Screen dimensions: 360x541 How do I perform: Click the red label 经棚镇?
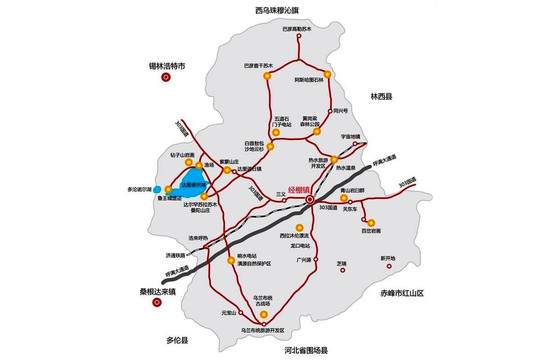click(299, 189)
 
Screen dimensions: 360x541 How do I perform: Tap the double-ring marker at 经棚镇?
click(310, 199)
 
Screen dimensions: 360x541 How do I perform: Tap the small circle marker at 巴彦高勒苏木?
click(299, 40)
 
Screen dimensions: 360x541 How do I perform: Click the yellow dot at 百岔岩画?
click(371, 222)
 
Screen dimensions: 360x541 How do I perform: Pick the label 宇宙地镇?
click(349, 135)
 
